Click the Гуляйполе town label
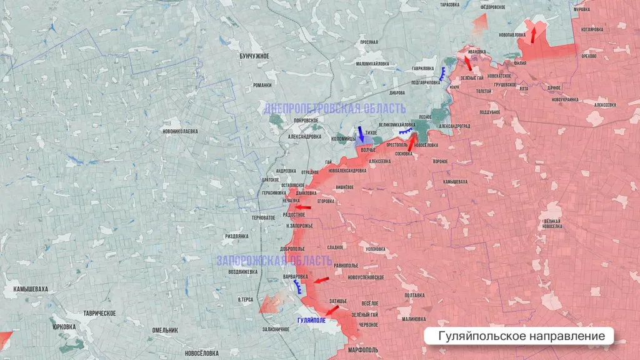pos(311,320)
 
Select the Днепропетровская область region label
pos(334,108)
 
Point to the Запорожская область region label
pos(274,261)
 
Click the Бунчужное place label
pos(254,56)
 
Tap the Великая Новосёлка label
pos(552,223)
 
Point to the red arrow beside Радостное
pos(303,207)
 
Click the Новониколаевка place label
pos(180,131)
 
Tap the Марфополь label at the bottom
pos(361,350)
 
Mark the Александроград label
pos(454,126)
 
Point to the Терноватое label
pos(263,217)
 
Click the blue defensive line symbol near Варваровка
pos(297,286)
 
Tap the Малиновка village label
pos(414,319)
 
